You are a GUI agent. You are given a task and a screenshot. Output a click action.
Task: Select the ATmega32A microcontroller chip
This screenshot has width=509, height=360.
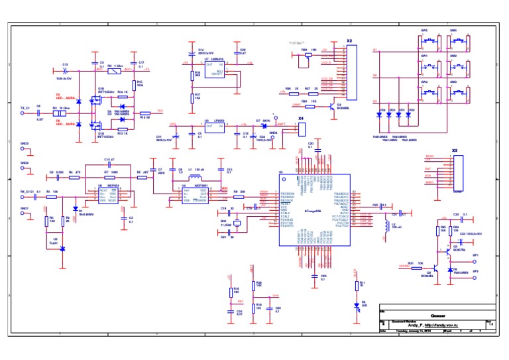(314, 210)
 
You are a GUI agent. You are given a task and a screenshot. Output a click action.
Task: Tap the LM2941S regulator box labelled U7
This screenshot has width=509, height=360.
(211, 70)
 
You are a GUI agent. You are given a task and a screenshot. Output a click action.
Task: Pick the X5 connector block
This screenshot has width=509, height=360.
(457, 172)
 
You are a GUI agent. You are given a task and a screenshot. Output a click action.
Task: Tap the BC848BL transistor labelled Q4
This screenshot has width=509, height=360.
(331, 103)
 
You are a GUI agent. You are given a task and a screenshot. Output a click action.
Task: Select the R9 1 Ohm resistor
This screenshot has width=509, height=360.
(113, 69)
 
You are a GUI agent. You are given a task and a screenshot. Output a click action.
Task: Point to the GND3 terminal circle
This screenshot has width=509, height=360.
(24, 149)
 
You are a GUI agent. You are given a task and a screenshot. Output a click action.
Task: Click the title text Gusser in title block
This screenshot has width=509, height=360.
(437, 315)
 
